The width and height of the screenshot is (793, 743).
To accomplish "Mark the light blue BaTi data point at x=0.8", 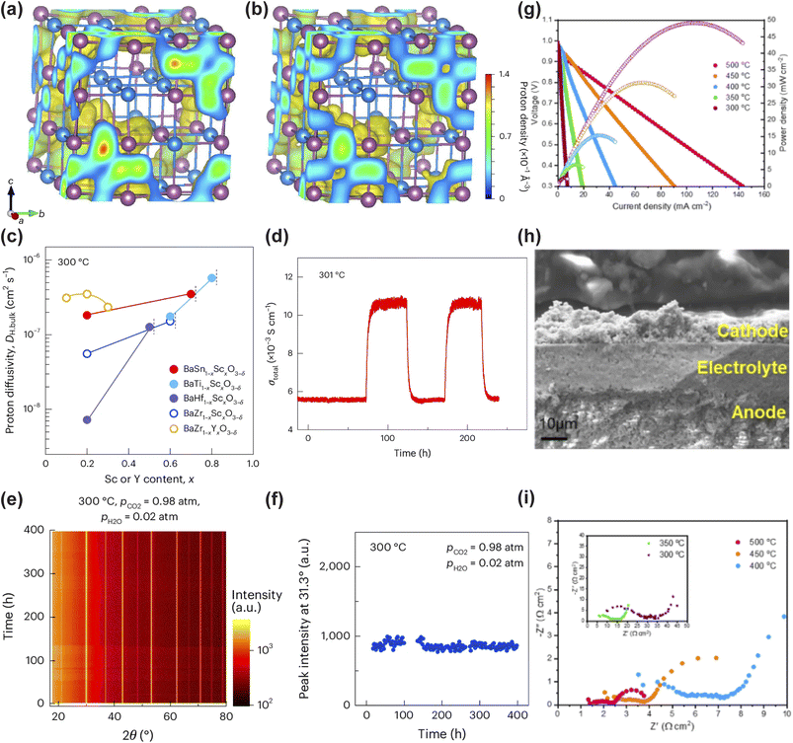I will click(211, 277).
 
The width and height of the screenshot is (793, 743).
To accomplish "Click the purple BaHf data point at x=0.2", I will click(87, 419).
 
